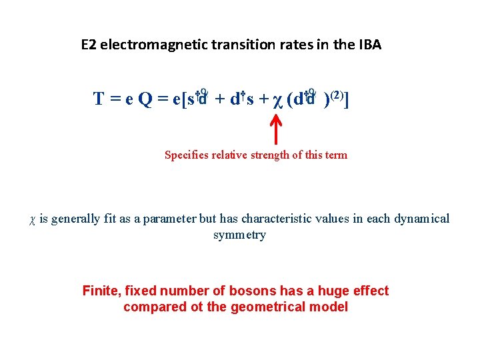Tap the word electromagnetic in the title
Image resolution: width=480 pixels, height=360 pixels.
tap(143, 45)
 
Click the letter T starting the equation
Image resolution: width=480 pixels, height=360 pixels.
tap(98, 100)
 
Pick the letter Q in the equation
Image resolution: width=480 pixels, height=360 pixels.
tap(145, 100)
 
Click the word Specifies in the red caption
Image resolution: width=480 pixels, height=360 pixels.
tap(185, 155)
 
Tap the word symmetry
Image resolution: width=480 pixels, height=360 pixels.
tap(239, 235)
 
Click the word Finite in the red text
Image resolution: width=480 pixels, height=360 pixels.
tap(101, 291)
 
